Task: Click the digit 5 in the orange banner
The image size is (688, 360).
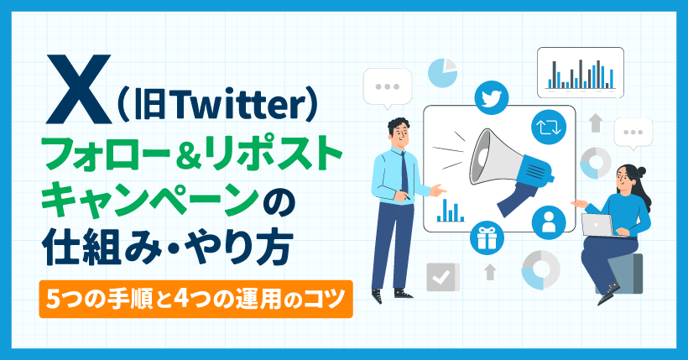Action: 53,298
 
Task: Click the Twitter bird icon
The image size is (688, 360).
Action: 493,97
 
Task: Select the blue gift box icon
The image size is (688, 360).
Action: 486,237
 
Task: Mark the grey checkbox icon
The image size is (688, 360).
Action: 441,277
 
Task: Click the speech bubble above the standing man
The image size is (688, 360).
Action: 388,86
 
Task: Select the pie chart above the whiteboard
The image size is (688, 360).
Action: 441,72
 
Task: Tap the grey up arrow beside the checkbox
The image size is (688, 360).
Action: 490,271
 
